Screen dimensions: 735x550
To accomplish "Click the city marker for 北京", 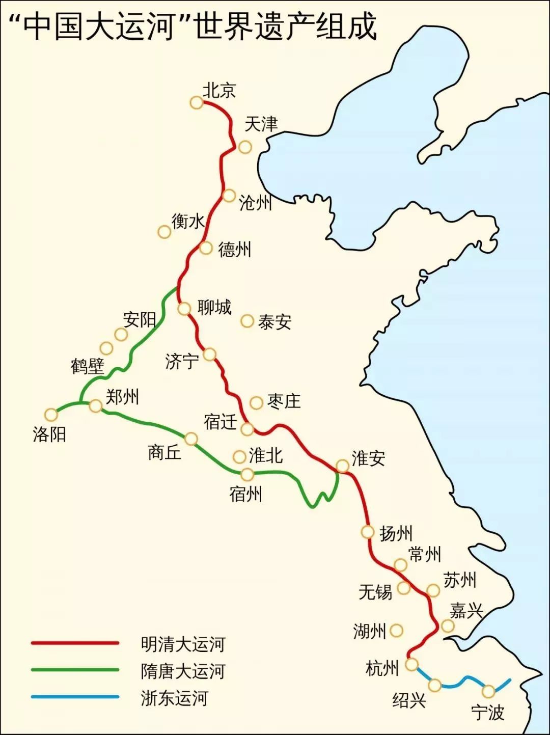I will (x=196, y=102).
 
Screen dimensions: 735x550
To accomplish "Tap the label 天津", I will (x=261, y=124).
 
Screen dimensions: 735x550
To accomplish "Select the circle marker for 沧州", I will (x=229, y=195).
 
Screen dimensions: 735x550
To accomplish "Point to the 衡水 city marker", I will (x=164, y=232).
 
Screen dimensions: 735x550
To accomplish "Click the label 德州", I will (x=234, y=250).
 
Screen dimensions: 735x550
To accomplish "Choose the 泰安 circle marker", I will (x=247, y=321).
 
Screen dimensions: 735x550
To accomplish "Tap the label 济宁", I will (x=182, y=361).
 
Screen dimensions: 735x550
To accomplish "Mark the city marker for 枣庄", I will (x=256, y=402).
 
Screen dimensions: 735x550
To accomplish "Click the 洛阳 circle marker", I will (x=51, y=414).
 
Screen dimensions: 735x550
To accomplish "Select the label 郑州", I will (x=122, y=396).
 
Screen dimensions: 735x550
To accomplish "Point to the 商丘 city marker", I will (x=191, y=439).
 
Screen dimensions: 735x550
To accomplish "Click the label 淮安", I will (x=368, y=458).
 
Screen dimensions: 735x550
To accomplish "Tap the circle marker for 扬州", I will (x=368, y=532).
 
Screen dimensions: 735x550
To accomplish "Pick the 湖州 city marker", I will (x=396, y=631).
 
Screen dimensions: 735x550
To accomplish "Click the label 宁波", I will (x=487, y=712).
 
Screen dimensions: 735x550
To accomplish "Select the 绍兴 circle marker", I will (x=434, y=685).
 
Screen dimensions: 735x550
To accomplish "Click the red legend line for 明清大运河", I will (x=75, y=643).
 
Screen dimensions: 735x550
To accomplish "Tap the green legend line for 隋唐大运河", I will (x=75, y=670).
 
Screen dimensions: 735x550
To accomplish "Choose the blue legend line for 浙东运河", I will (x=75, y=697).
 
